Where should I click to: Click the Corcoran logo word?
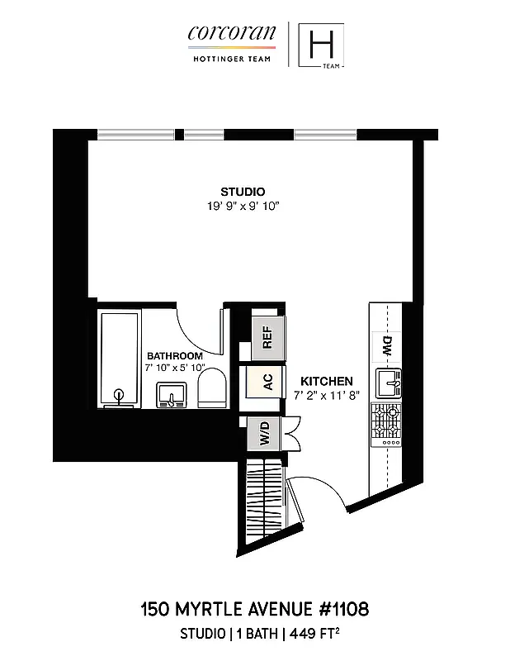(220, 33)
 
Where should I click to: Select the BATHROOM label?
(175, 355)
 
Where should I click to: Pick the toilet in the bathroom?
(211, 388)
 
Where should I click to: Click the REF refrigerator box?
(267, 337)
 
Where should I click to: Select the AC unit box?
(267, 383)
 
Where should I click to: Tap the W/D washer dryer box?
(265, 432)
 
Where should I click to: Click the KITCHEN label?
(327, 381)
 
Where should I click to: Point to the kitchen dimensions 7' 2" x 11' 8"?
(327, 394)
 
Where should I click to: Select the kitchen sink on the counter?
(387, 383)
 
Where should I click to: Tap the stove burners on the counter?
(385, 424)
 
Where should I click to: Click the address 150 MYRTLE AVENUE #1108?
(254, 610)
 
